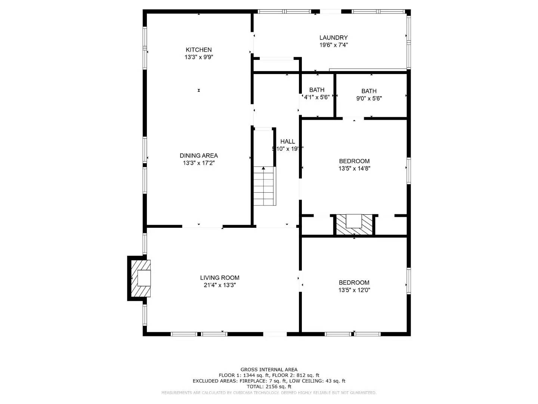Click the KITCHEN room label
pos(199,50)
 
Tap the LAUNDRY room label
pos(333,37)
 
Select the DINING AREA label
pos(199,156)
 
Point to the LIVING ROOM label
pos(220,278)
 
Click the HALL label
pos(288,141)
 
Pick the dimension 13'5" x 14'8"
pos(354,168)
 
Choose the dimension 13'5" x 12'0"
pos(354,290)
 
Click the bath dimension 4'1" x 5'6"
pos(317,97)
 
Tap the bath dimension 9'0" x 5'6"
pos(369,98)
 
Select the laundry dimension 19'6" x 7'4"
pos(333,45)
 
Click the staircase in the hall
pos(265,186)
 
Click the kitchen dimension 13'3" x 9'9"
pos(199,57)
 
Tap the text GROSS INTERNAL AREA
pos(269,370)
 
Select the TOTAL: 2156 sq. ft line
pos(269,386)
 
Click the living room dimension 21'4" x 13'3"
pos(220,285)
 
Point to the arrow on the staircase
pos(263,169)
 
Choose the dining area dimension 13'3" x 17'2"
pos(199,163)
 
